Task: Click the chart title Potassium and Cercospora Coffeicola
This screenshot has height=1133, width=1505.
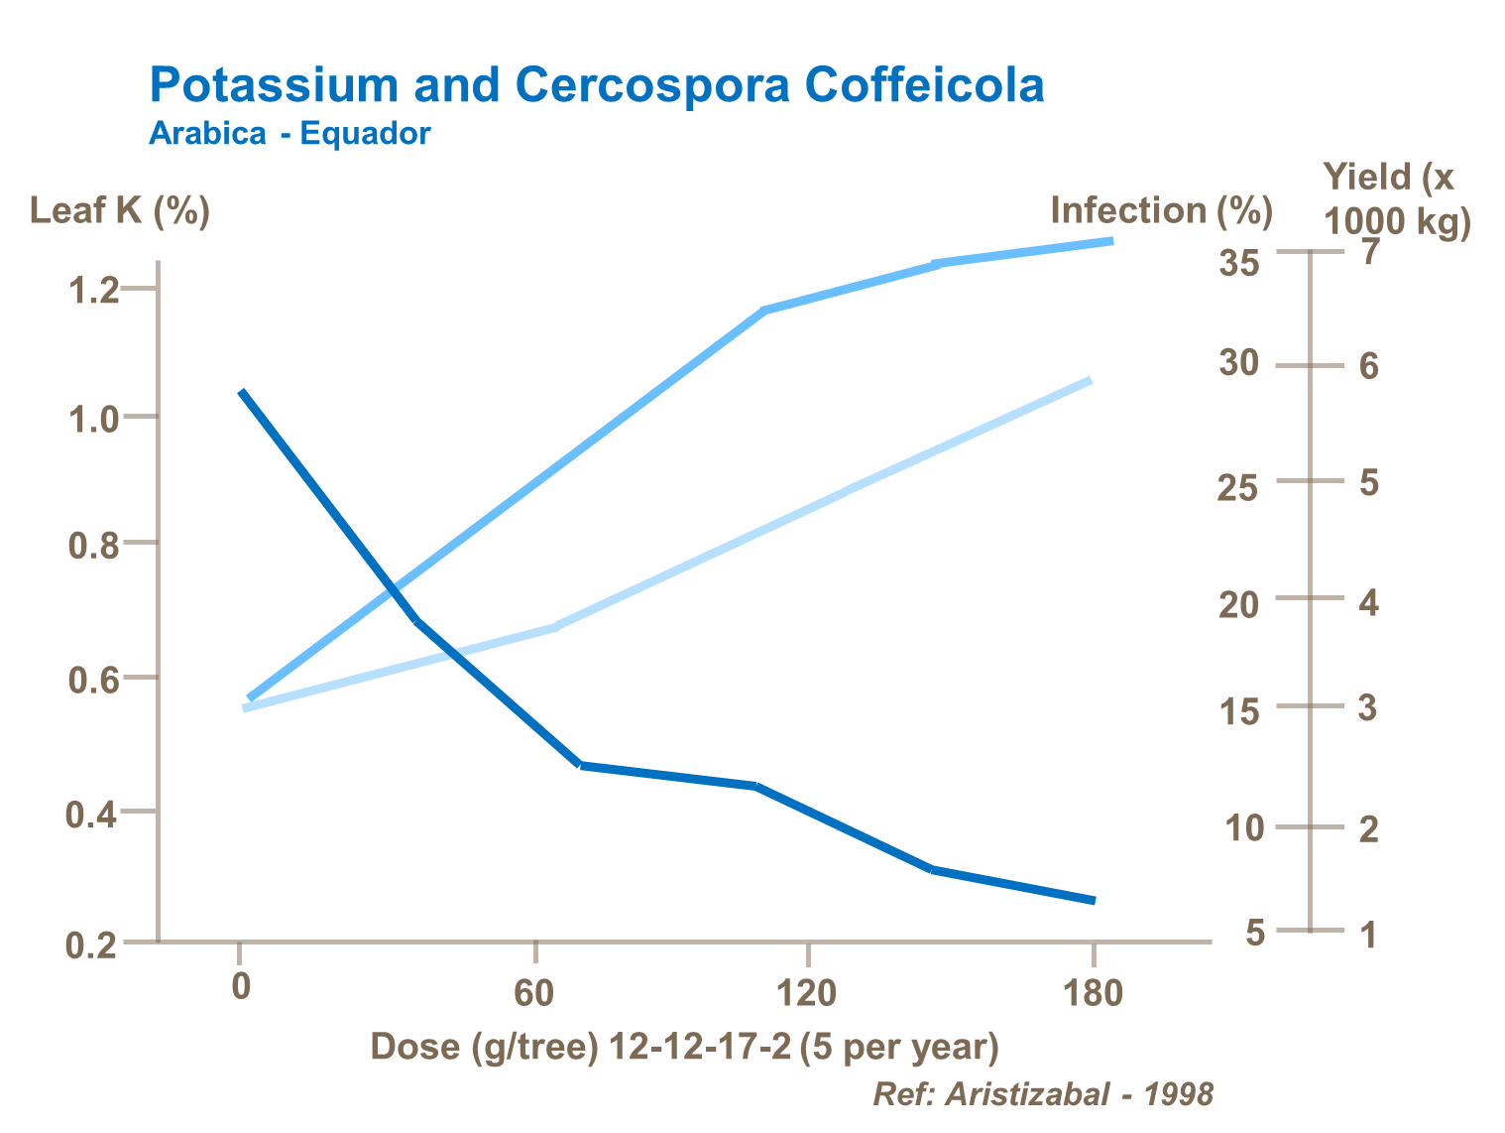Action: (596, 85)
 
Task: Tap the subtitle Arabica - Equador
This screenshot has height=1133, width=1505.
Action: (289, 134)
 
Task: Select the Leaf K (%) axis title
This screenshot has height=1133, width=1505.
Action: (120, 210)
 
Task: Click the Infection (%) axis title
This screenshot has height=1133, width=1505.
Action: (1161, 210)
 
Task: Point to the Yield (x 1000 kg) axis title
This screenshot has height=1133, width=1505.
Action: (1397, 198)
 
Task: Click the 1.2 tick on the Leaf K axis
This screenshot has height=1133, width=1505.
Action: (92, 291)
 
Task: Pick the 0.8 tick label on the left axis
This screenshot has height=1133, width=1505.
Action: (92, 546)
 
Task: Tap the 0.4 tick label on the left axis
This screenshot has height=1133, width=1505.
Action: (91, 815)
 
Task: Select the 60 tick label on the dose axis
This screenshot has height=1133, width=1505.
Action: (533, 991)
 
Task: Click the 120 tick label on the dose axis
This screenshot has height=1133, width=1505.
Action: (807, 991)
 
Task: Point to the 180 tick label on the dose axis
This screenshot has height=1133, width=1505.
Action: (1093, 991)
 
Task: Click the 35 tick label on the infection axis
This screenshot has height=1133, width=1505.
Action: (1239, 264)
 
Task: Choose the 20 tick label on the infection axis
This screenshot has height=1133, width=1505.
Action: (1238, 604)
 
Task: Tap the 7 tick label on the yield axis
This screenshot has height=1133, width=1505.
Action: (1369, 252)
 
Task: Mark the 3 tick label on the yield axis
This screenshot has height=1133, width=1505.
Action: (1368, 708)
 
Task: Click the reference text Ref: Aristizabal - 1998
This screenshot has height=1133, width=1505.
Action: (1042, 1093)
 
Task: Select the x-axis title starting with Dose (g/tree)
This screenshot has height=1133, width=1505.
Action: (684, 1047)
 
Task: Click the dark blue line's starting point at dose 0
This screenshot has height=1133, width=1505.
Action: (242, 393)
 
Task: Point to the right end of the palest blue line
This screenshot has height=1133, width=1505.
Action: (1090, 380)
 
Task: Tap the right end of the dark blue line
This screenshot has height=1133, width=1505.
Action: (1094, 900)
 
